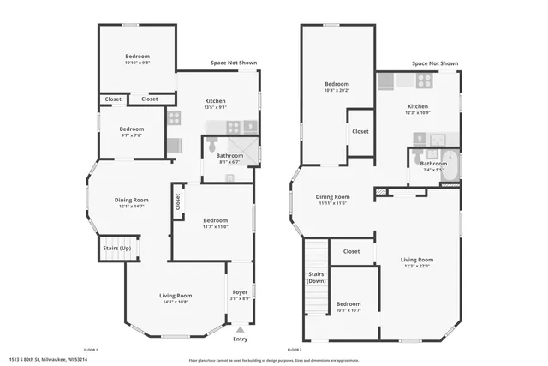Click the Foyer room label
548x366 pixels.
(241, 292)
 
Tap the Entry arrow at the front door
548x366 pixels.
(241, 328)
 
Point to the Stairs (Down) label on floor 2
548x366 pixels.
(316, 278)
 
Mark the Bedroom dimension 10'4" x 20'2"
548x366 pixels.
(337, 90)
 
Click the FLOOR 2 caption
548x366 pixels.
(295, 351)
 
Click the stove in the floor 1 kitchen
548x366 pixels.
(173, 117)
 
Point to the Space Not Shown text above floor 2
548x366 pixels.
(434, 63)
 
